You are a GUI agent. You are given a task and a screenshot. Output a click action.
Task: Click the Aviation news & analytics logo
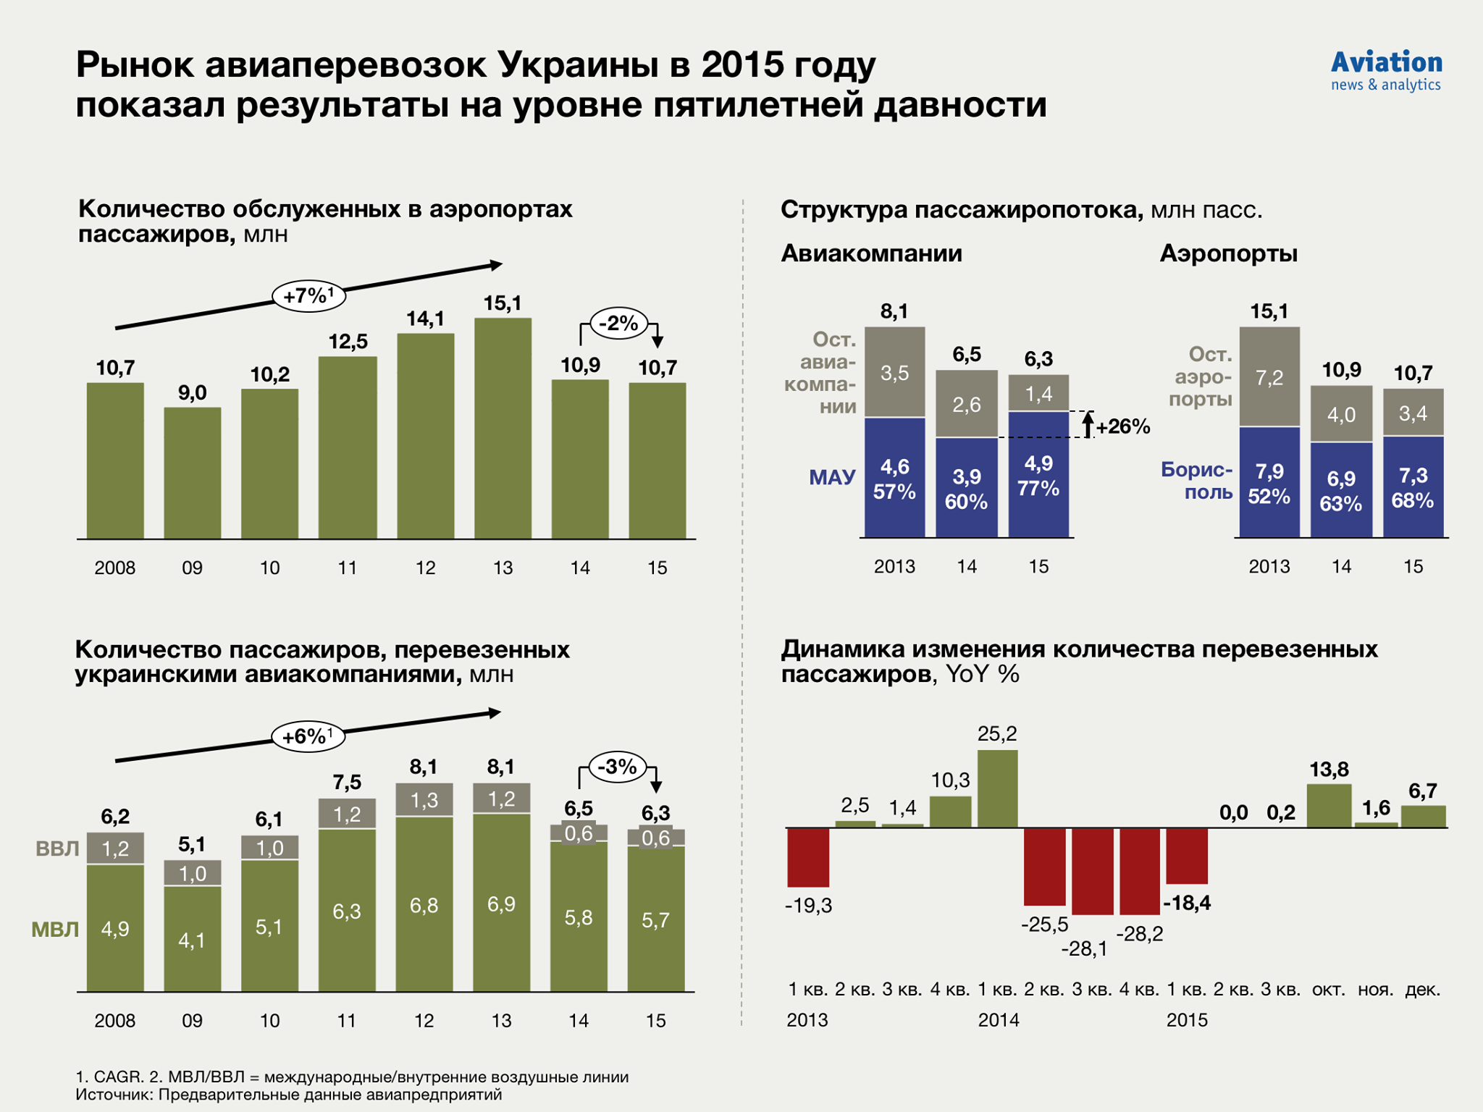click(1386, 71)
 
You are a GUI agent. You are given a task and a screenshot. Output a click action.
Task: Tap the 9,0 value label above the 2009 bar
click(193, 393)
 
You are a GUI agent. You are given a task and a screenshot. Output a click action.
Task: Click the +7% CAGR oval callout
click(308, 296)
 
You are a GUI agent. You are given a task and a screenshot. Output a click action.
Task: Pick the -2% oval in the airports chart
click(618, 323)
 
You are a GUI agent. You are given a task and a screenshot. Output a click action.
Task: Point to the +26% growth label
click(1123, 426)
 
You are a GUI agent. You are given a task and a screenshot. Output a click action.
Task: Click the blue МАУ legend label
click(832, 477)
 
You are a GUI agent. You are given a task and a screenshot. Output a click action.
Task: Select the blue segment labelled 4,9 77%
click(1038, 475)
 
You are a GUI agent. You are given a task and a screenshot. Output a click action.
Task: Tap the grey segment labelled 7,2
click(1269, 377)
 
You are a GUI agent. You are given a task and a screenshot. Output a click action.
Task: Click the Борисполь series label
click(1197, 481)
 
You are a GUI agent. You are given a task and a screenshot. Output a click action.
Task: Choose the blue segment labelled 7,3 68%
click(1413, 486)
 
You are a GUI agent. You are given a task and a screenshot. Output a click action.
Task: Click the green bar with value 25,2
click(997, 788)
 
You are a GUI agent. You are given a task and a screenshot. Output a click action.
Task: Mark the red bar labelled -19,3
click(808, 857)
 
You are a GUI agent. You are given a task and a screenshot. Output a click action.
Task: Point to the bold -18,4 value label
click(1187, 903)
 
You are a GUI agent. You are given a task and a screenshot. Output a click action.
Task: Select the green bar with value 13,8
click(1329, 805)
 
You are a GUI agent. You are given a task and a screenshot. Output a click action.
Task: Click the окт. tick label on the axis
click(1329, 990)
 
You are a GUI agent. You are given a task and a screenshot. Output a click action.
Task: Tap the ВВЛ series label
click(57, 848)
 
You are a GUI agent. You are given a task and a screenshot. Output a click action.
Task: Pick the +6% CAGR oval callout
click(308, 737)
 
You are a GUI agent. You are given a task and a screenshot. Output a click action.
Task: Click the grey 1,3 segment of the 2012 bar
click(424, 800)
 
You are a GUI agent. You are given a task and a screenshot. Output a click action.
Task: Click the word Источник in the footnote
click(114, 1095)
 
